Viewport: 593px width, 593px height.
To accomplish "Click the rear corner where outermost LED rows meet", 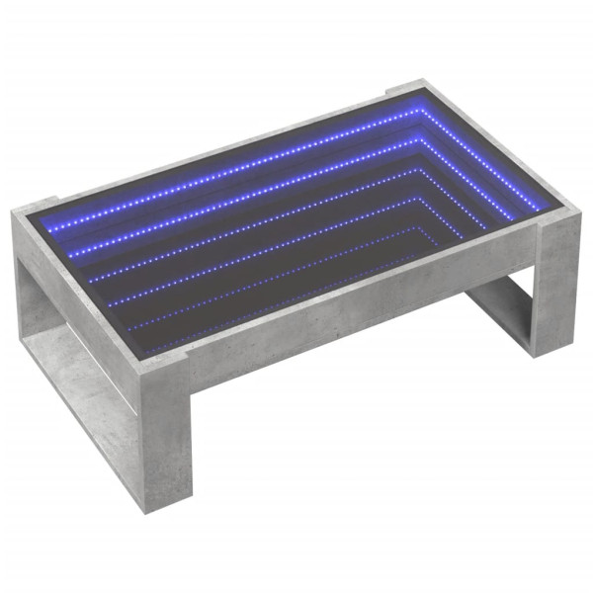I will [420, 112].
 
